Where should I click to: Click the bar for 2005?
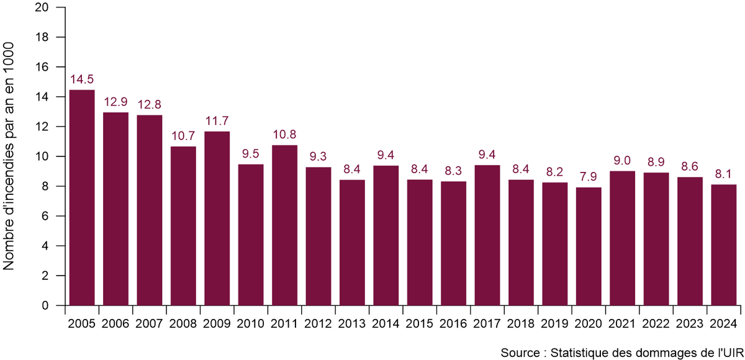[x=82, y=197]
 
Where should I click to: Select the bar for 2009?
[x=217, y=218]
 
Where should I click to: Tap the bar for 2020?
[x=589, y=246]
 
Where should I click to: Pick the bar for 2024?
[x=723, y=245]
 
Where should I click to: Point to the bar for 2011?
[x=284, y=225]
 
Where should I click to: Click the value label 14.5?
[x=82, y=79]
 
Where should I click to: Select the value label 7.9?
[x=589, y=177]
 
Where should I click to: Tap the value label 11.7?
[x=217, y=121]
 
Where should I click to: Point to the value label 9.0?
[x=622, y=161]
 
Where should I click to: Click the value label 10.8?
[x=284, y=135]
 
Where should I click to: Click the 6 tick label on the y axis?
[x=45, y=216]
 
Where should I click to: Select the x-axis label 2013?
[x=352, y=323]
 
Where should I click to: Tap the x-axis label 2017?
[x=487, y=323]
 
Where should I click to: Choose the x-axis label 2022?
[x=656, y=323]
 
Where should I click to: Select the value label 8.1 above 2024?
[x=723, y=174]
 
